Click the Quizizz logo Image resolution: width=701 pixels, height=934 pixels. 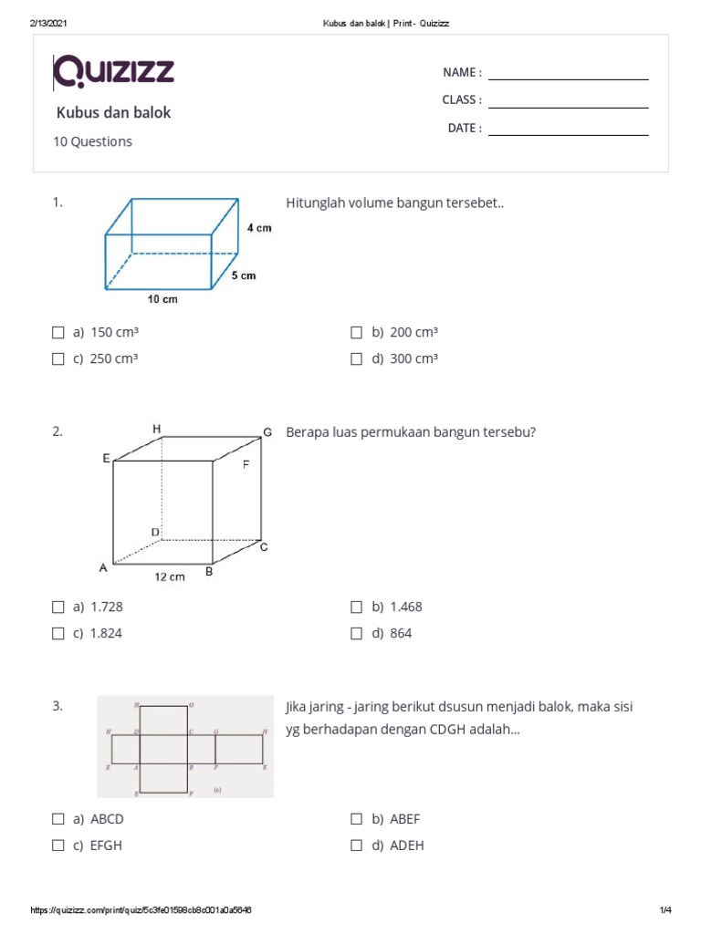click(x=114, y=71)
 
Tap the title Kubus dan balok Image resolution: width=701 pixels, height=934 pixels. click(x=114, y=113)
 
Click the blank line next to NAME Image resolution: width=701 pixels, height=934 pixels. click(x=568, y=78)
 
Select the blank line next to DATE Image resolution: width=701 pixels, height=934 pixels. click(x=568, y=135)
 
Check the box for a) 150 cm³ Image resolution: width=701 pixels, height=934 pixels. click(x=58, y=333)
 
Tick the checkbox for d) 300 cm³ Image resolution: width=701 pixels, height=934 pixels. click(x=357, y=359)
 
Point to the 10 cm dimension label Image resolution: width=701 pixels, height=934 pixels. click(x=162, y=299)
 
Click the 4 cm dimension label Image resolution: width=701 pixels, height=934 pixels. click(x=258, y=228)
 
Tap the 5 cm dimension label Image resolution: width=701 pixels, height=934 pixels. click(x=243, y=275)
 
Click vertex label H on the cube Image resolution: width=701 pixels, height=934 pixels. click(x=157, y=428)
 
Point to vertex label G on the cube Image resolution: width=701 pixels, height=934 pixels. click(x=267, y=431)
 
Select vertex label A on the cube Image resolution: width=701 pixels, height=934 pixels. click(x=103, y=568)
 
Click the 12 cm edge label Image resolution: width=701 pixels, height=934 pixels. click(x=169, y=576)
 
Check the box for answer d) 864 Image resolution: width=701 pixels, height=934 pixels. click(x=357, y=633)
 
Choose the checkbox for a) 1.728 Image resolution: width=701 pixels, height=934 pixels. click(x=58, y=607)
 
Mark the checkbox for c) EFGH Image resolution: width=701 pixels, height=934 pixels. click(x=58, y=846)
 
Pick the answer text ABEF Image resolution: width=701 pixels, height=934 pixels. click(x=404, y=819)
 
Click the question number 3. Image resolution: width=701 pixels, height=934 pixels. click(x=58, y=706)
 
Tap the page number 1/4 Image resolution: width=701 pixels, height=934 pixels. click(x=665, y=910)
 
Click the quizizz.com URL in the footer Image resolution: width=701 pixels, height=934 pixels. click(x=141, y=910)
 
